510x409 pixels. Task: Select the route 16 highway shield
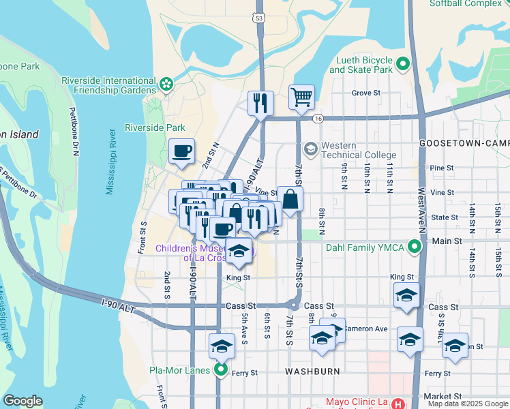coord(318,119)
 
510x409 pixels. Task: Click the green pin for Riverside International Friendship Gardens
coord(166,84)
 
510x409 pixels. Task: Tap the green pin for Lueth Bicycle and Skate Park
coord(403,65)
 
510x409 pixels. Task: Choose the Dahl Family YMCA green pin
coord(413,247)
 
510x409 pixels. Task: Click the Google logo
coord(22,401)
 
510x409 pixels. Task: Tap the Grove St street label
coord(365,93)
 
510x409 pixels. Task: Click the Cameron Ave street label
coord(365,329)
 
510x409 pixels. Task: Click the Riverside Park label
coord(155,127)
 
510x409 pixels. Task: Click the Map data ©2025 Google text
coord(468,404)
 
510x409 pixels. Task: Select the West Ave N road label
coord(422,204)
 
